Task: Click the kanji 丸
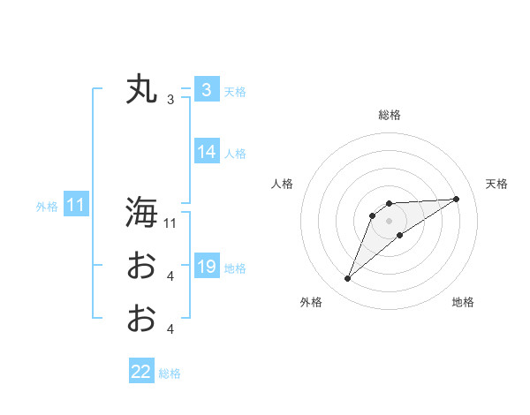tap(140, 90)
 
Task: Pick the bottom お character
tap(140, 318)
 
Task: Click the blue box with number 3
tap(206, 90)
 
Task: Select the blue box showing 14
tap(206, 152)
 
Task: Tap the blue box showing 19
tap(206, 266)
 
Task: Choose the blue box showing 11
tap(75, 205)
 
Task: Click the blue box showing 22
tap(141, 372)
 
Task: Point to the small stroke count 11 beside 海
tap(170, 223)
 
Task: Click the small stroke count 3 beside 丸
tap(170, 100)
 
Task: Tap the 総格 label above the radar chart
tap(390, 115)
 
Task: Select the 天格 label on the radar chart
tap(496, 184)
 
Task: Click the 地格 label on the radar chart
tap(463, 302)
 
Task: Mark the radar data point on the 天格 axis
tap(457, 199)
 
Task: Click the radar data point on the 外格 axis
tap(348, 279)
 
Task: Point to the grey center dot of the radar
tap(390, 220)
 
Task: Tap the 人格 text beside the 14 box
tap(235, 154)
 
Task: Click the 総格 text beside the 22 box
tap(170, 373)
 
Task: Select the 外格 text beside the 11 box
tap(47, 207)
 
